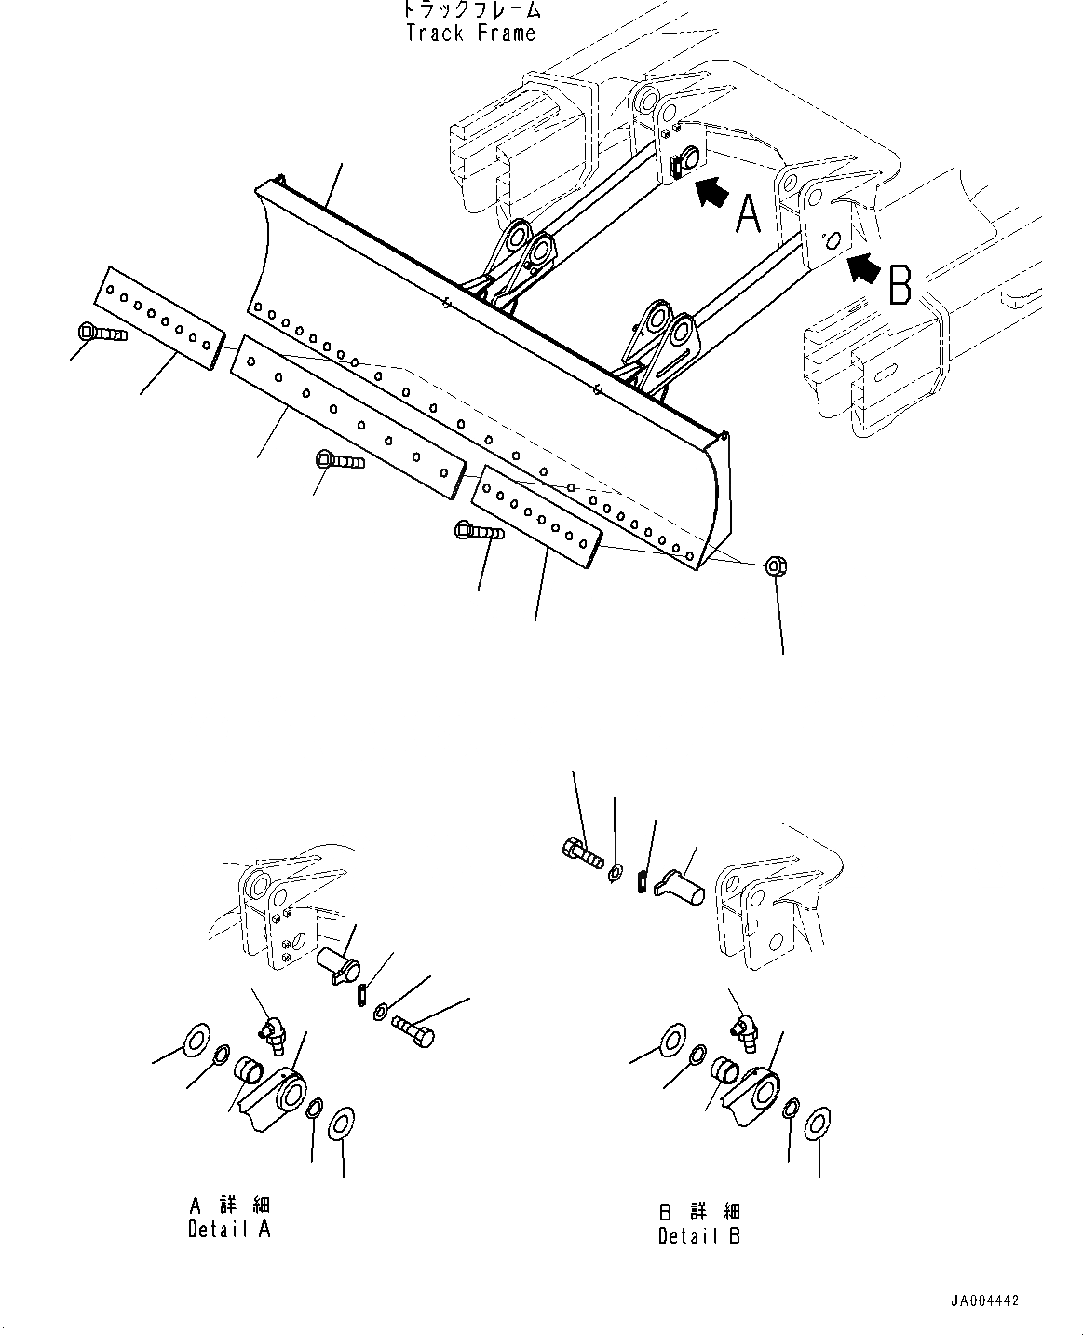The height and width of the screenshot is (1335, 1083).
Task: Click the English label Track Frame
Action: [470, 34]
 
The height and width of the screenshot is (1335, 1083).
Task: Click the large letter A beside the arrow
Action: [748, 214]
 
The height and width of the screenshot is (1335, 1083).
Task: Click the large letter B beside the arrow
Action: [900, 286]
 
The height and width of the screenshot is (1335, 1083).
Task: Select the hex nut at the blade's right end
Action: [773, 565]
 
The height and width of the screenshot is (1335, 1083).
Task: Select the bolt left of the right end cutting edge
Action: [478, 533]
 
